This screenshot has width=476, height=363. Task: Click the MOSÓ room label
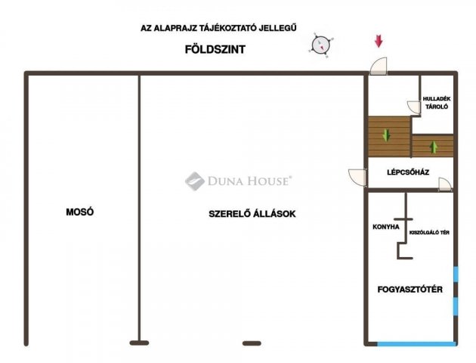(x=79, y=213)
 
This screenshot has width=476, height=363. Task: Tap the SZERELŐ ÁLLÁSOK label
(x=252, y=214)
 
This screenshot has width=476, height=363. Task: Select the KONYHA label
(x=386, y=226)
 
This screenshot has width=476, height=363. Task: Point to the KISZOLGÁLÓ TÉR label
(x=429, y=232)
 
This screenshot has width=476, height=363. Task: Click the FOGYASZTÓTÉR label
(x=410, y=290)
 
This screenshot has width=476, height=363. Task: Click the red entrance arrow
(x=379, y=41)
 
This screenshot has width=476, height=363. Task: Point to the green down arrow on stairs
(x=387, y=136)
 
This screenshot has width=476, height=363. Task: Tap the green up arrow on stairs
(x=434, y=146)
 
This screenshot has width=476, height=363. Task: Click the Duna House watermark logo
(x=195, y=181)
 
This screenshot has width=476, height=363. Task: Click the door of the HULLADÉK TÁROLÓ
(x=415, y=107)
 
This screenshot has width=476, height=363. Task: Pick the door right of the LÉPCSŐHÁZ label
(x=446, y=184)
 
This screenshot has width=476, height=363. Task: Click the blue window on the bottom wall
(x=416, y=344)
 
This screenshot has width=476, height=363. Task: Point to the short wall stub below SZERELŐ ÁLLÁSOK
(x=251, y=343)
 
